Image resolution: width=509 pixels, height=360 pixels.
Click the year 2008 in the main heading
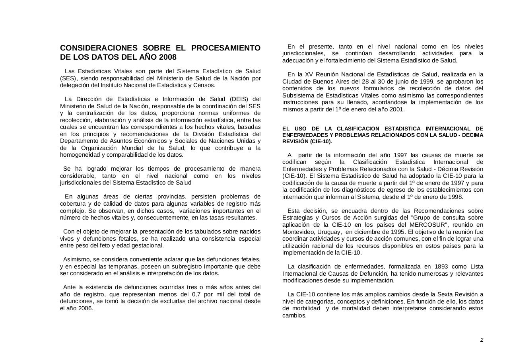click(168, 57)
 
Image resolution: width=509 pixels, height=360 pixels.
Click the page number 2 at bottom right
click(482, 340)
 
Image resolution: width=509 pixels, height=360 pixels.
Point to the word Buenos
click(317, 82)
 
